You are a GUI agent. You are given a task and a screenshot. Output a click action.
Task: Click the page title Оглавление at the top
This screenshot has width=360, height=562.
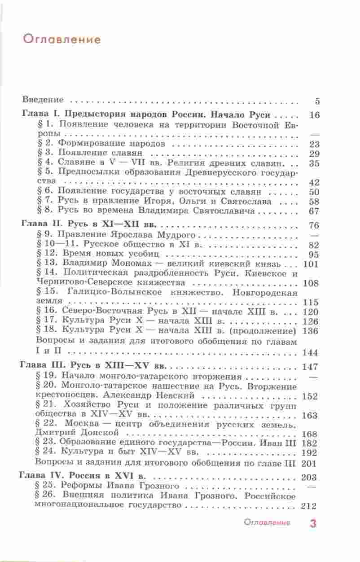point(62,39)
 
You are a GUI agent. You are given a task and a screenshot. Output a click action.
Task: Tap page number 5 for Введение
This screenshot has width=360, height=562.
point(317,101)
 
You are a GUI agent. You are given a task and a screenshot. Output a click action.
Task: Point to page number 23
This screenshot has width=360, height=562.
point(314,144)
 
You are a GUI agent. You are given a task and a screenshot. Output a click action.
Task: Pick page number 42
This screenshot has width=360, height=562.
point(314,182)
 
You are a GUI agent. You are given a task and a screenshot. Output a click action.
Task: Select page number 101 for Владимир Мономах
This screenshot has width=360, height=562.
point(311,263)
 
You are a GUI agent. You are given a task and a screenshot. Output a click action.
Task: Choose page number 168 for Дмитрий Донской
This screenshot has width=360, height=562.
point(311,434)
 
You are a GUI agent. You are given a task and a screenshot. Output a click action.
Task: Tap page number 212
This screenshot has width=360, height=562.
point(309,507)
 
